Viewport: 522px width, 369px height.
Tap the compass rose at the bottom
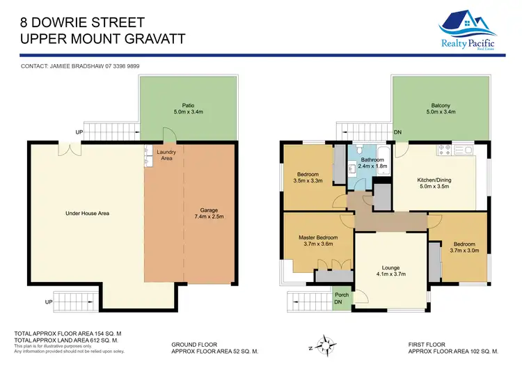point(326,344)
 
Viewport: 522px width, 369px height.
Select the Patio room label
point(183,109)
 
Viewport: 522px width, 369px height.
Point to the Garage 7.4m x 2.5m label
point(209,212)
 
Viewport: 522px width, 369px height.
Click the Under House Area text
point(87,213)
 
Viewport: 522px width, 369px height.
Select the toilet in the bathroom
point(356,150)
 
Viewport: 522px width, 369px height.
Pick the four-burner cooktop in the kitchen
point(443,149)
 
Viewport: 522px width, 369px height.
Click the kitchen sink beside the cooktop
point(464,149)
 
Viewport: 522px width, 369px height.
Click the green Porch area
point(342,298)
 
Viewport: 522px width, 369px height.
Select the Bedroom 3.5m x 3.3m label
point(307,178)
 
